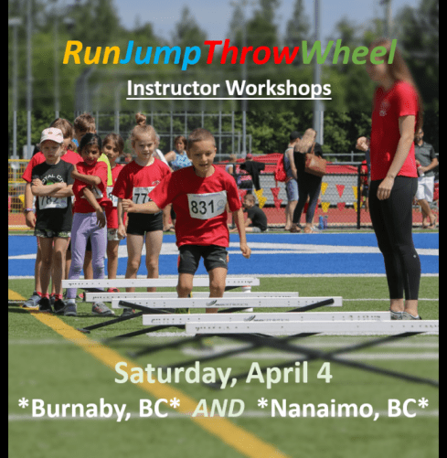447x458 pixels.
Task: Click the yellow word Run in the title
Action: tap(90, 52)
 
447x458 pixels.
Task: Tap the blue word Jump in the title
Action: tap(160, 54)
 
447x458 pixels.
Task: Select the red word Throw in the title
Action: tap(250, 52)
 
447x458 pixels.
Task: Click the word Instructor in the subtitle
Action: tap(173, 88)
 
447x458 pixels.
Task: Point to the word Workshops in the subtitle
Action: tap(278, 89)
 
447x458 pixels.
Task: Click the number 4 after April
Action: tap(325, 372)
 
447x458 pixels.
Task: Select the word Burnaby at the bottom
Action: tap(81, 408)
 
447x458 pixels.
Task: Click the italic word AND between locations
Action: tap(219, 408)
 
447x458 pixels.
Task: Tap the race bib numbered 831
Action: tap(207, 205)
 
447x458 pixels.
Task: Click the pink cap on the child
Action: tap(52, 135)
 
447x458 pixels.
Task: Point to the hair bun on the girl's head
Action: tap(141, 119)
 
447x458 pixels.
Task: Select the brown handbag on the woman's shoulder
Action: tap(315, 164)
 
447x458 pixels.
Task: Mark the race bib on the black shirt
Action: tap(53, 202)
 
